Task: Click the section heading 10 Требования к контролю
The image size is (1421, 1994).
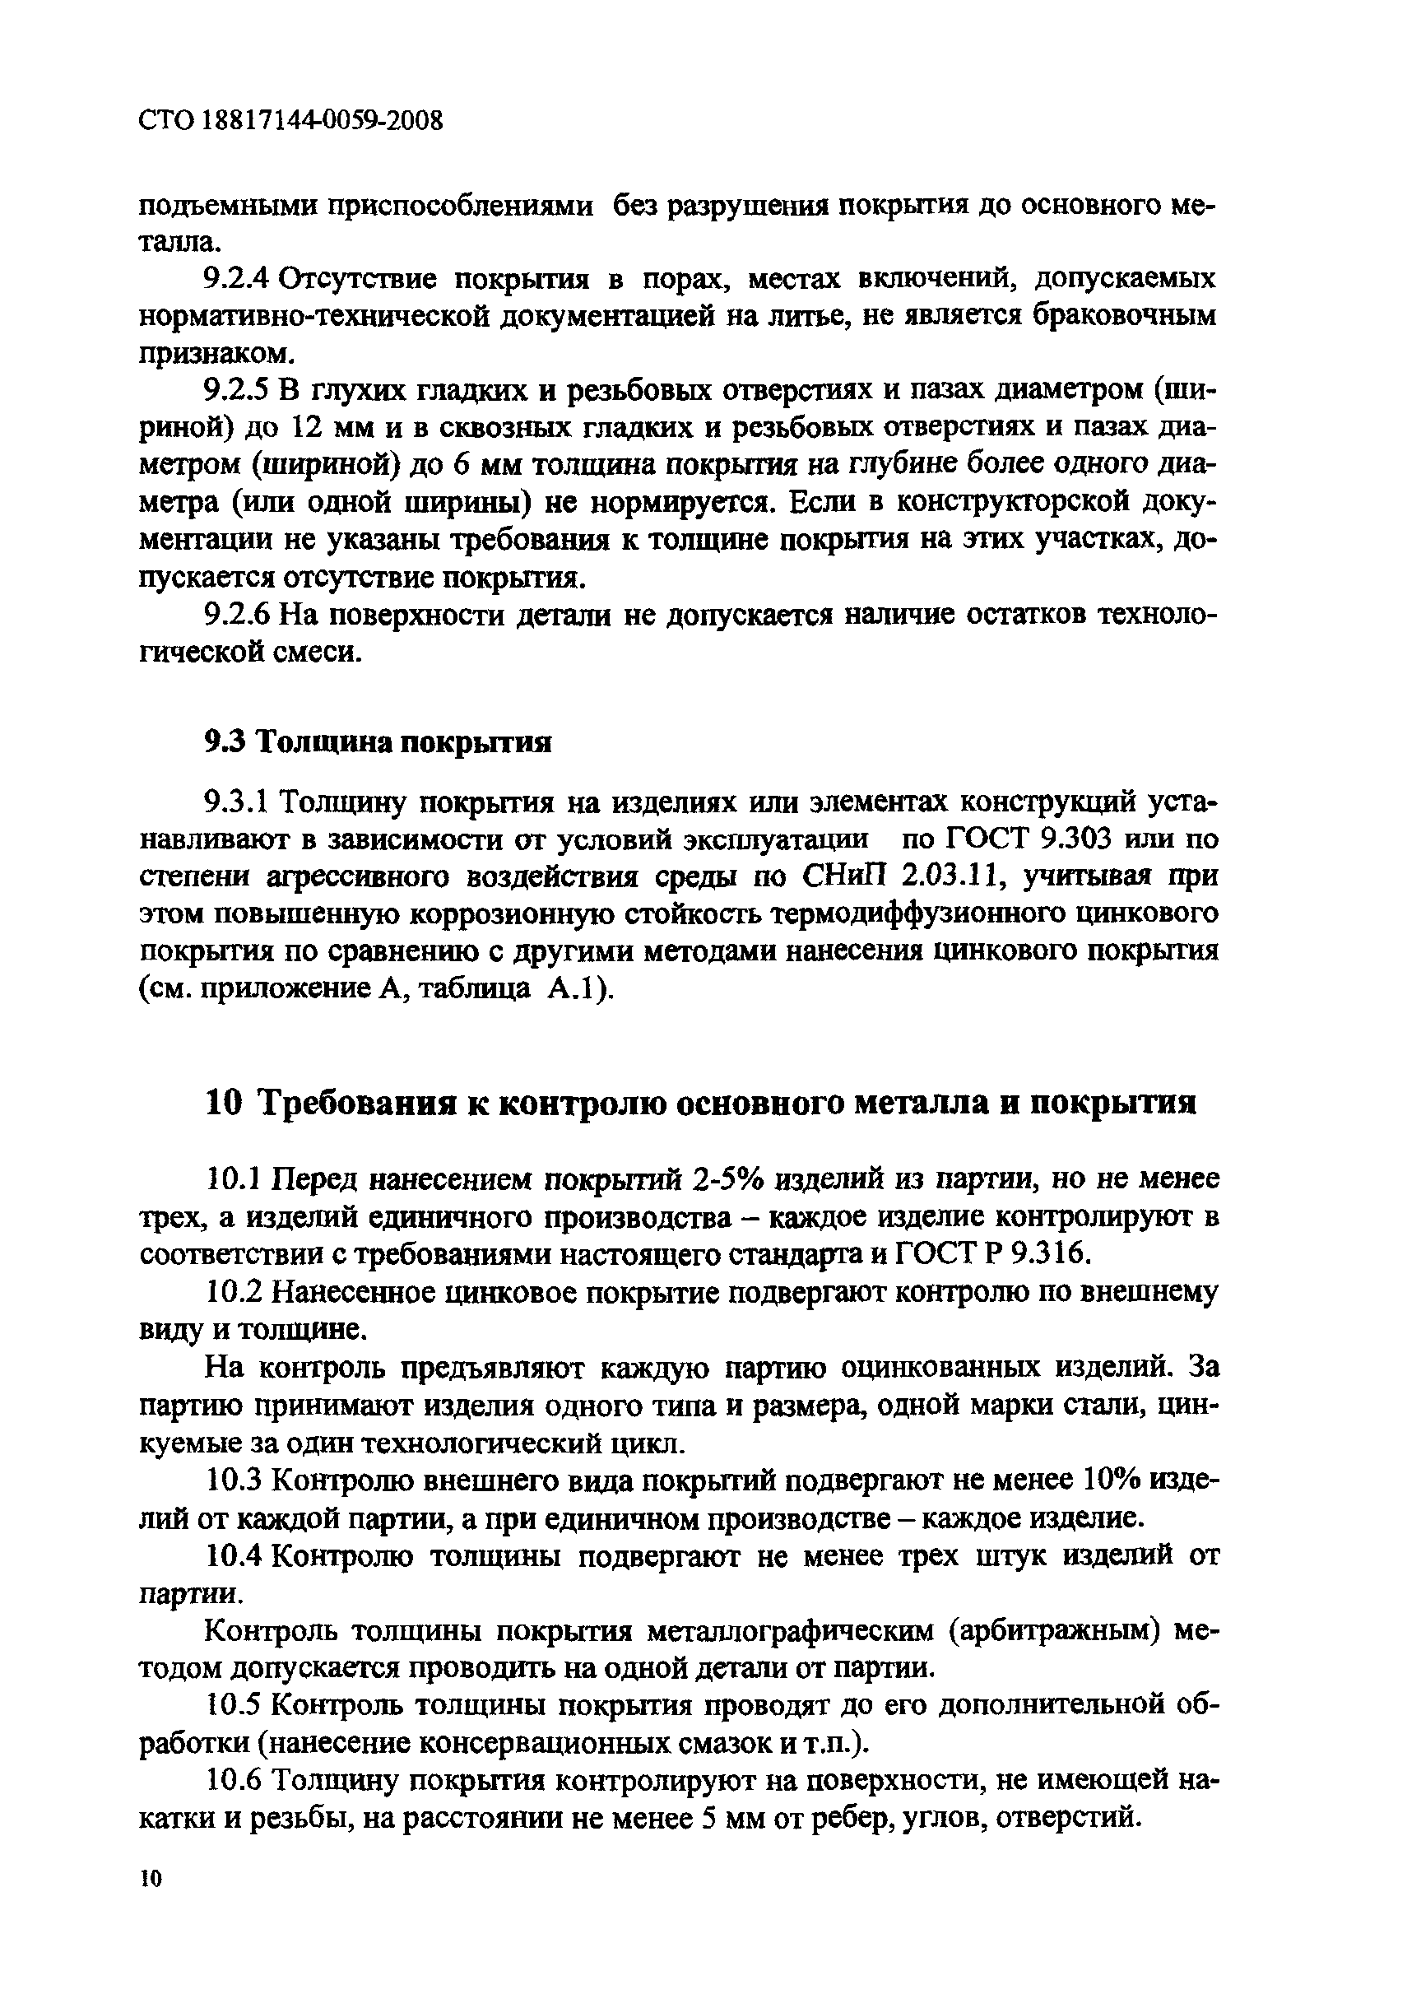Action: (700, 1104)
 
